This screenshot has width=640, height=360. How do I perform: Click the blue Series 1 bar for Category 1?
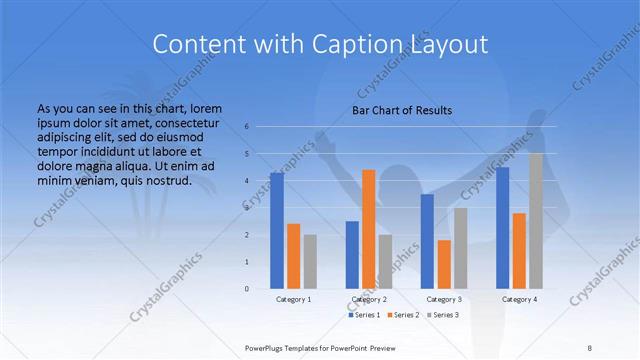pos(277,230)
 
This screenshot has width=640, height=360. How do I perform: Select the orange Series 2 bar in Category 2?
pos(369,229)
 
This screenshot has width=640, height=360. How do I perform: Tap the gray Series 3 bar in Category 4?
pos(536,221)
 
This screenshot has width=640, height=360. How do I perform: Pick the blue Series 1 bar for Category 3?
pos(427,241)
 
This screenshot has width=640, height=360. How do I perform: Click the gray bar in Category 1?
pos(310,261)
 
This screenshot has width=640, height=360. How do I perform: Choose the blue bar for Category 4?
pos(503,228)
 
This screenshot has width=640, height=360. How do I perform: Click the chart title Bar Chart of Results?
pos(402,110)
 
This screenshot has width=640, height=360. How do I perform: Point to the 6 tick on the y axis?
pos(246,127)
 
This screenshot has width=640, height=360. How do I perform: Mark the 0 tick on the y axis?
pos(246,289)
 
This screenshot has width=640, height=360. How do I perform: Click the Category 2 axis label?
pos(369,299)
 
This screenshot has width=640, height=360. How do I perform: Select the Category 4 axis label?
pos(519,299)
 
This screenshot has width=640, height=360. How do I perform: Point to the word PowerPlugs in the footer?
pos(267,347)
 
